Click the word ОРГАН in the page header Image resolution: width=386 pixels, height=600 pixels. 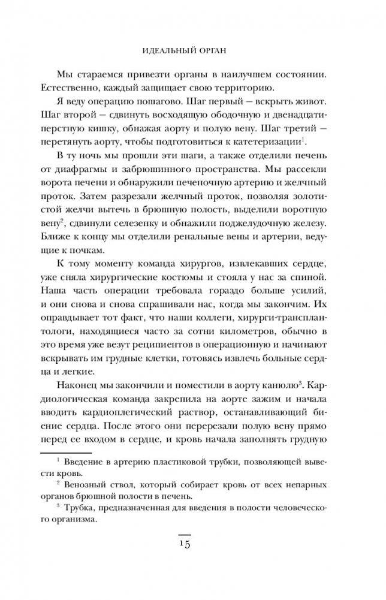click(213, 47)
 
